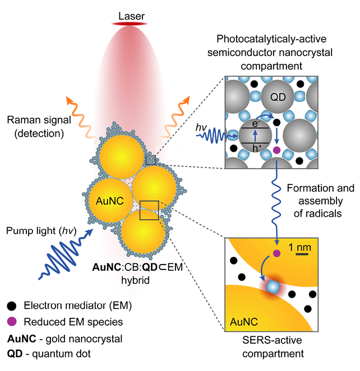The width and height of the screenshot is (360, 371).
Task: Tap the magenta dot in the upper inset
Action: coord(276,150)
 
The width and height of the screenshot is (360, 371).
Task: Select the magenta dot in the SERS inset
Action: coord(276,254)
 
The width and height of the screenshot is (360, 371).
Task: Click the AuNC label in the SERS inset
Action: coord(243,321)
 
